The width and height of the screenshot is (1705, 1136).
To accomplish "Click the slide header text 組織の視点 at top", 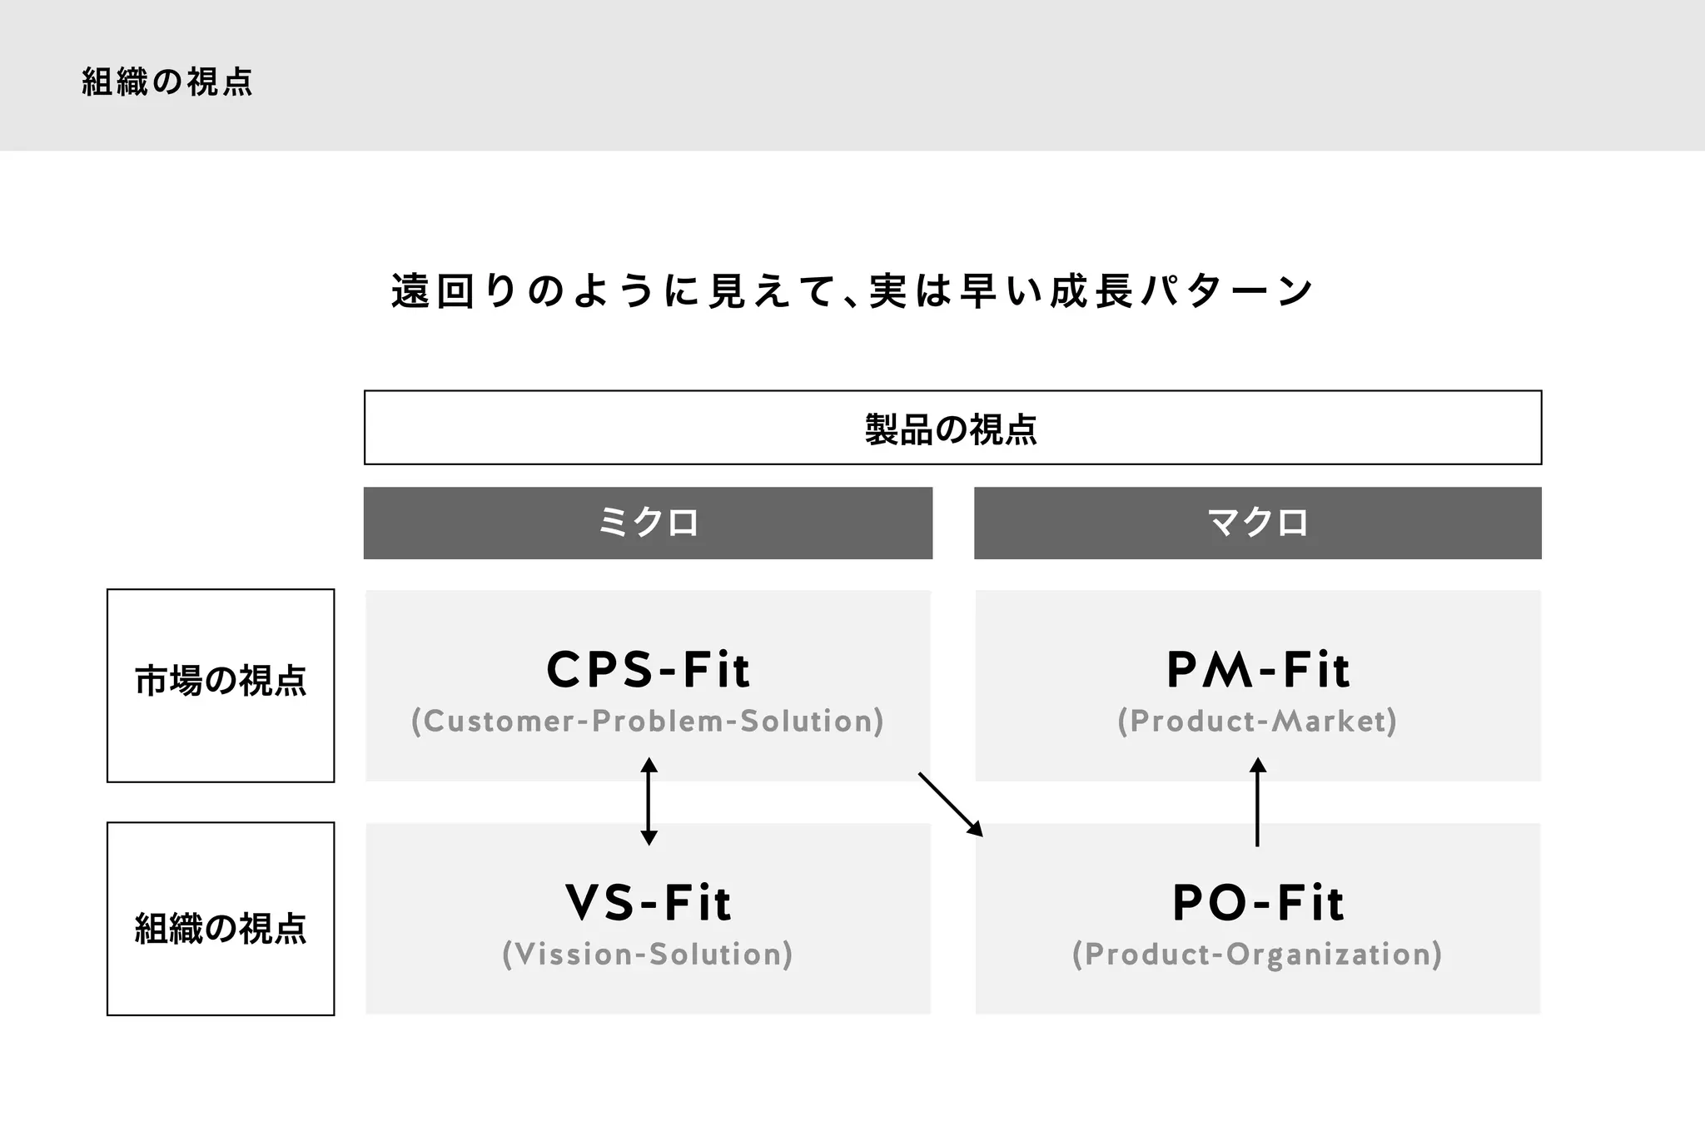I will (x=167, y=82).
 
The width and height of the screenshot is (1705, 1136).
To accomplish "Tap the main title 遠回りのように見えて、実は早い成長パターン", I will (x=852, y=291).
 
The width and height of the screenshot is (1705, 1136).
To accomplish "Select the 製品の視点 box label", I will (x=952, y=429).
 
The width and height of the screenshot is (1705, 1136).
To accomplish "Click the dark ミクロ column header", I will (x=648, y=523).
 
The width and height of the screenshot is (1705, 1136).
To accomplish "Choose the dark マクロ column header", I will (x=1257, y=523).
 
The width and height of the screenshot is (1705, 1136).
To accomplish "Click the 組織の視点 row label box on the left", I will (x=221, y=928).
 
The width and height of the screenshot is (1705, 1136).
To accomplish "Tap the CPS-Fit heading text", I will (x=648, y=670).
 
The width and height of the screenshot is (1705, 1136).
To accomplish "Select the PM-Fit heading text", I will (x=1257, y=670).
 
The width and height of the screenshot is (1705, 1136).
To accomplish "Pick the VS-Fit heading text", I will (x=648, y=903).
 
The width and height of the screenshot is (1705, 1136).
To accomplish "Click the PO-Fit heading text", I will (x=1257, y=903).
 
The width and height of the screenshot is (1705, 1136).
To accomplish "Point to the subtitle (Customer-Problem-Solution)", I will (x=648, y=722).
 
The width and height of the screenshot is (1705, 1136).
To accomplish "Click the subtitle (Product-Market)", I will (x=1257, y=722).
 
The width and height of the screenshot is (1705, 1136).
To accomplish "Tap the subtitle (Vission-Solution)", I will (x=648, y=955).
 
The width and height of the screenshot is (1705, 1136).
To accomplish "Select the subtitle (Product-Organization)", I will (x=1257, y=955).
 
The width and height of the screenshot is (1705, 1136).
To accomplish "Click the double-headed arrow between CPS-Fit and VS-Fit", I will (x=649, y=801).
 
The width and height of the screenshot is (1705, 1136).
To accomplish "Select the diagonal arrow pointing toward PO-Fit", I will (x=951, y=804).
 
